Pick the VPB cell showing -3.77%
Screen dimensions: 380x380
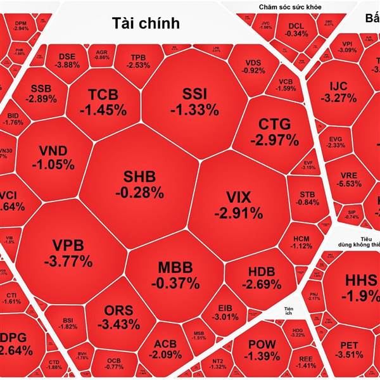[68, 252]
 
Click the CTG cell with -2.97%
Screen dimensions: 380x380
[274, 130]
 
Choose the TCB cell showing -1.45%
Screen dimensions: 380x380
[103, 101]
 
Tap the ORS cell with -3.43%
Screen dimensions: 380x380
[118, 317]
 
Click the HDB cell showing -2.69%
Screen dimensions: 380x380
[261, 277]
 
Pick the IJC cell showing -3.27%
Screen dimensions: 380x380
[338, 92]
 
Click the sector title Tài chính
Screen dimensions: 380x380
[146, 23]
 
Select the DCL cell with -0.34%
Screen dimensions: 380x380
[296, 30]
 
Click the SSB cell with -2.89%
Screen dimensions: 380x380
[41, 94]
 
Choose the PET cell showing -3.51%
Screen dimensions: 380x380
[349, 350]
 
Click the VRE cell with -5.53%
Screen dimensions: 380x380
[349, 179]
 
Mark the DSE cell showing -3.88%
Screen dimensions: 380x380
[67, 60]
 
